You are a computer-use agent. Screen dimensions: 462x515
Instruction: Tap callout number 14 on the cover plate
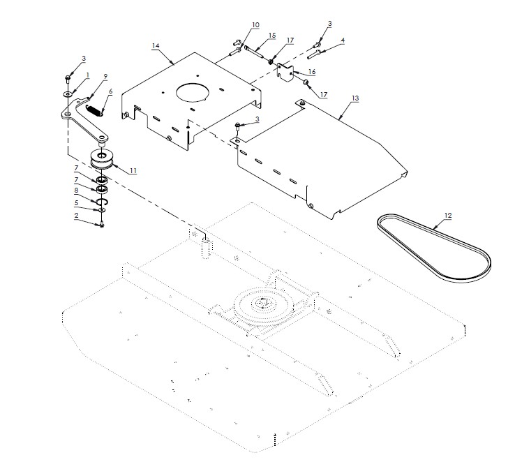(156, 46)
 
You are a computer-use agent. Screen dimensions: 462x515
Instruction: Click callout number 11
(133, 170)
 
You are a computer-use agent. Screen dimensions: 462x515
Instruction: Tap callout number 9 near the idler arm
(105, 75)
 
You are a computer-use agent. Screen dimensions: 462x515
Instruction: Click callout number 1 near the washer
(88, 75)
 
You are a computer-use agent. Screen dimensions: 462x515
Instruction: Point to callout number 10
(236, 24)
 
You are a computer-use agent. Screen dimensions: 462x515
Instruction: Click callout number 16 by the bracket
(312, 71)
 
